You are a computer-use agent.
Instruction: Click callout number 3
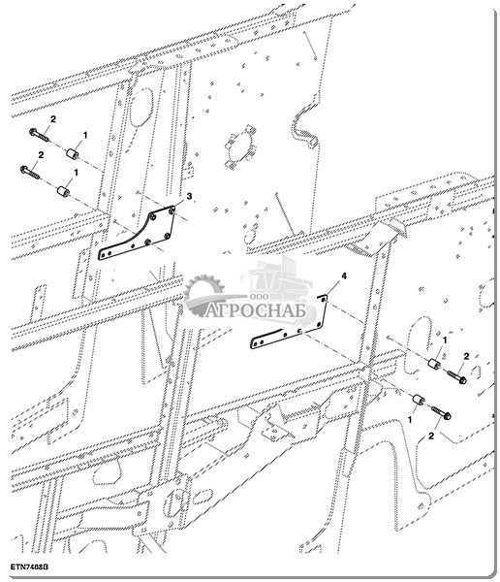189,196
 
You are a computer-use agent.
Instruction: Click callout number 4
344,276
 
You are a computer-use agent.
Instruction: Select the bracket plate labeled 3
137,233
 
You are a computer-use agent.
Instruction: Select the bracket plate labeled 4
289,323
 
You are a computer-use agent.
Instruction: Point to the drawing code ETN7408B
29,567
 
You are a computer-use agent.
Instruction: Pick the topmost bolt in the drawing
39,136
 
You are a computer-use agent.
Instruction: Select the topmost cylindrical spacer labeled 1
73,153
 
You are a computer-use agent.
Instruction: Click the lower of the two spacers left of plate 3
63,191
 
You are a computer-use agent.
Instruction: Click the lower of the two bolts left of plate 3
29,173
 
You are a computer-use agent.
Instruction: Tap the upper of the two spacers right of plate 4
435,363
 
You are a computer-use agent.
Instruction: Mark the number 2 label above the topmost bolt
53,119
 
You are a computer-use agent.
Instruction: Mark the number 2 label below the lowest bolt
431,436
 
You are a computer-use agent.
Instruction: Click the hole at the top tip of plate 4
324,298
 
